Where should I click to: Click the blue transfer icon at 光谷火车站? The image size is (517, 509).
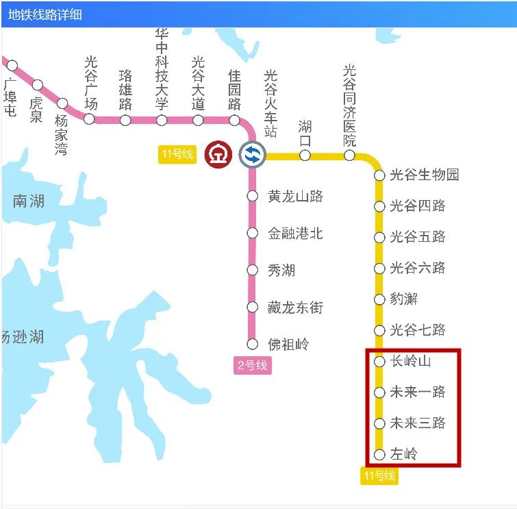[x=252, y=154]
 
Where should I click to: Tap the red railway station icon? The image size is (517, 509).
[x=218, y=154]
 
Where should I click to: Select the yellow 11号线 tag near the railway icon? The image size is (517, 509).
[x=177, y=154]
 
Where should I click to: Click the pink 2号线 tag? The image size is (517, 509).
[x=252, y=365]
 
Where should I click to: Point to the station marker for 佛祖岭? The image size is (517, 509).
[x=252, y=344]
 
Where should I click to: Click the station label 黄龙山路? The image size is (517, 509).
[x=295, y=197]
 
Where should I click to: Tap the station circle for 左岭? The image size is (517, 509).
[x=379, y=454]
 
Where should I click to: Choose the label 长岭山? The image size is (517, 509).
[x=411, y=361]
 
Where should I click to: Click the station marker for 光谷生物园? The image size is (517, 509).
[x=379, y=175]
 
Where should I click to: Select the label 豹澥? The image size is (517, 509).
[x=403, y=299]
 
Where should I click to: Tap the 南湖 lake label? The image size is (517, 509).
[x=29, y=201]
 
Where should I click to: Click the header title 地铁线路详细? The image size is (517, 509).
[x=45, y=14]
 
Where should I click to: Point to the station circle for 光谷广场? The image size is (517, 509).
[x=89, y=119]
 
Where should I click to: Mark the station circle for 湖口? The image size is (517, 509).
[x=305, y=156]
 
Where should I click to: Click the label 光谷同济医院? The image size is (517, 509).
[x=350, y=105]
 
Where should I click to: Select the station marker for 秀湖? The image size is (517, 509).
[x=252, y=270]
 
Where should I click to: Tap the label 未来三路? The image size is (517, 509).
[x=418, y=423]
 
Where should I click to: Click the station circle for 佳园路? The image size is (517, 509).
[x=234, y=121]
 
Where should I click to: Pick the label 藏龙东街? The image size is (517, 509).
[x=295, y=308]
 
